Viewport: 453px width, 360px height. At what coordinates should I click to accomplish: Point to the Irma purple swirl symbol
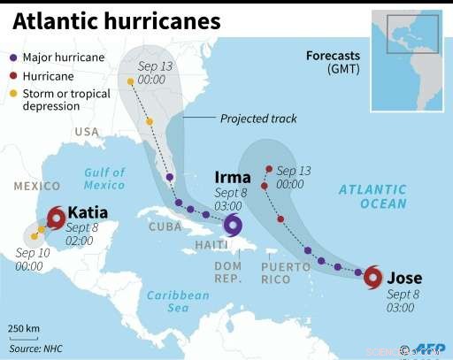pos(234,226)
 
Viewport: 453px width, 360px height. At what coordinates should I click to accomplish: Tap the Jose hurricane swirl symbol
pos(373,276)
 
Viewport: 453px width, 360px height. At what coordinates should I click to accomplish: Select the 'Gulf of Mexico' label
pos(105,179)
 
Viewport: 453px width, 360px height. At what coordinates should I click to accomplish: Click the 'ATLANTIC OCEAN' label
pos(372,196)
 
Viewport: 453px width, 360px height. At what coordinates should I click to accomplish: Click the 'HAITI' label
pos(206,245)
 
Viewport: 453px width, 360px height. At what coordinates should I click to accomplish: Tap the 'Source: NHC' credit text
pos(37,349)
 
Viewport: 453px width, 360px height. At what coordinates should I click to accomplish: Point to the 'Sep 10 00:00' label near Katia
pos(29,260)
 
